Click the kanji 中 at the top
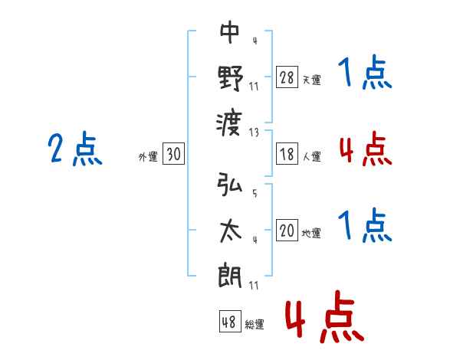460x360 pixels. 230,32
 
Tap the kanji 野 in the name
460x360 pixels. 231,78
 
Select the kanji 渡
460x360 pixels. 229,124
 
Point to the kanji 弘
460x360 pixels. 230,184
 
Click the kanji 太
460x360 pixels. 230,231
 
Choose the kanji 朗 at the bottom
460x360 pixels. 230,276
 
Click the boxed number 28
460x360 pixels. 287,77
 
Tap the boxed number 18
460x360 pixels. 287,154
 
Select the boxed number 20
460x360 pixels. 287,230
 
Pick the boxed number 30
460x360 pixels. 174,154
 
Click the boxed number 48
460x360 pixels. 230,322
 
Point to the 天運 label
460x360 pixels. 312,80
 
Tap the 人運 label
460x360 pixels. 312,156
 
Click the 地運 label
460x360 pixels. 311,233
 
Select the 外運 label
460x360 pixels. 148,157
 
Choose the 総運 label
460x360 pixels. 255,325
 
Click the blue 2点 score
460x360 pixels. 75,148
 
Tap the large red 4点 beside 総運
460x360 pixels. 324,316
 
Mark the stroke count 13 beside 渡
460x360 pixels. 254,133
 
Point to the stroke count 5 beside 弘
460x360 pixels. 255,193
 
